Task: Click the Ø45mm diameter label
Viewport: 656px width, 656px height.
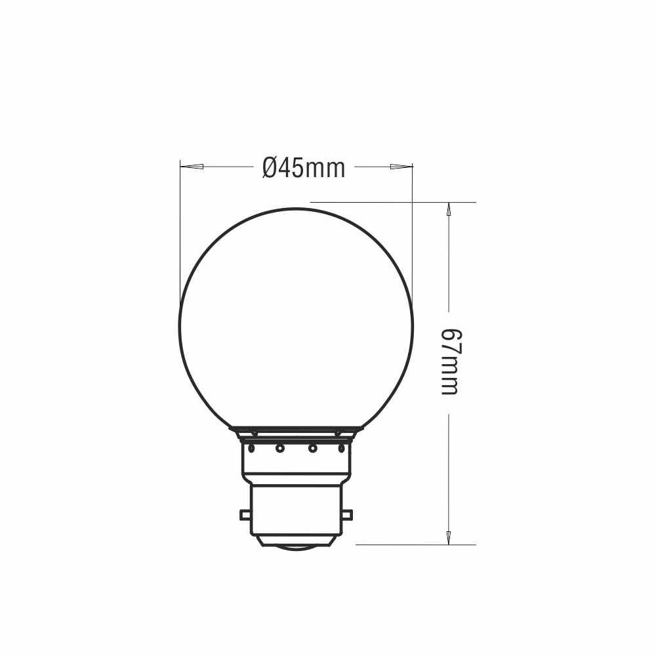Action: (x=304, y=168)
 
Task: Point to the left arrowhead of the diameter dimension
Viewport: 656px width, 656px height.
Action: (x=192, y=167)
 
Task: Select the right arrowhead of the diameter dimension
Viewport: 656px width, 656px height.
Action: (x=401, y=167)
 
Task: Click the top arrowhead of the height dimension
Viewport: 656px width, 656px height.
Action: (x=449, y=209)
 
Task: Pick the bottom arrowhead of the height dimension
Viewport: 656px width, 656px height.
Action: (x=449, y=538)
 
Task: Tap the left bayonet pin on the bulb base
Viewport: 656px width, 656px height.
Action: (x=245, y=515)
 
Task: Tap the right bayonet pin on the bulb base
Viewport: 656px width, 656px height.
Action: (x=347, y=515)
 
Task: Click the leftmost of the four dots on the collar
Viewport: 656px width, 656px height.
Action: (x=251, y=449)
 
